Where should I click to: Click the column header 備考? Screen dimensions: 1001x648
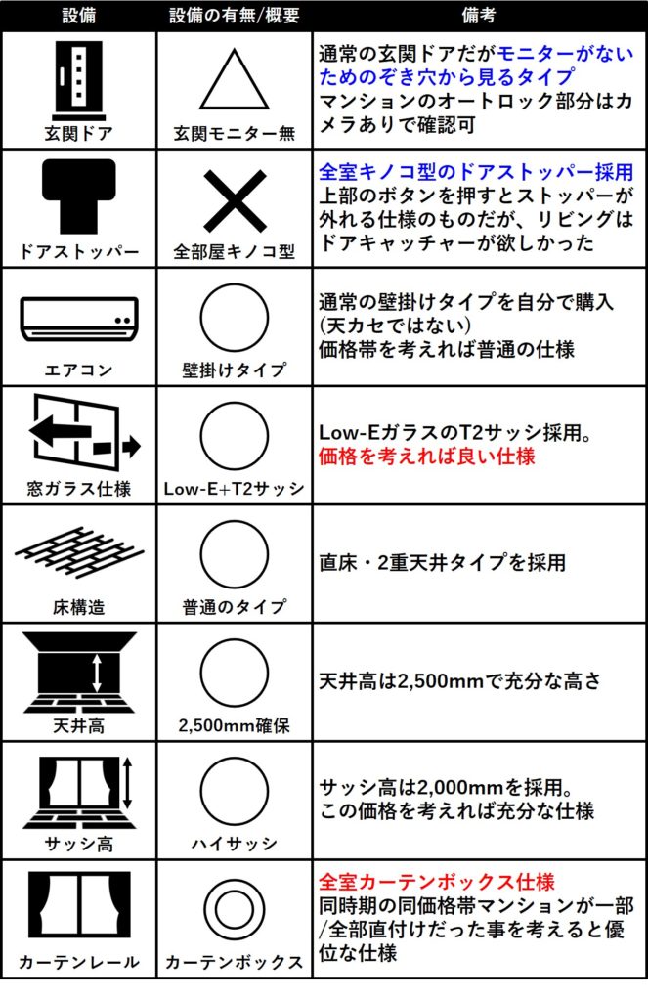click(x=479, y=15)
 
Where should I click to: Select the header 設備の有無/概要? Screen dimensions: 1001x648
click(x=234, y=15)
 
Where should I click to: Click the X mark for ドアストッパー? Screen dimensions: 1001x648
click(x=234, y=200)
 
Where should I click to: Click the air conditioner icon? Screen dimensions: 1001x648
click(x=77, y=318)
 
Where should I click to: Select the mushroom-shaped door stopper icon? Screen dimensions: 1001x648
click(x=77, y=196)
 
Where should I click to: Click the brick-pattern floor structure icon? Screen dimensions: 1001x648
click(x=77, y=553)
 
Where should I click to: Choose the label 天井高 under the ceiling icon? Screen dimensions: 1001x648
click(x=77, y=725)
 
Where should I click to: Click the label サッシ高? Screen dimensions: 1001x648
click(x=77, y=844)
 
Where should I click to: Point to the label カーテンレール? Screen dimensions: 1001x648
click(x=77, y=962)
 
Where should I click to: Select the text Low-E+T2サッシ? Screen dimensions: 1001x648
click(x=234, y=488)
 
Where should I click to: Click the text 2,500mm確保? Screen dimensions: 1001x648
click(x=234, y=725)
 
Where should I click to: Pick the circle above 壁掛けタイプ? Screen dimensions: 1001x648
click(x=234, y=319)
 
